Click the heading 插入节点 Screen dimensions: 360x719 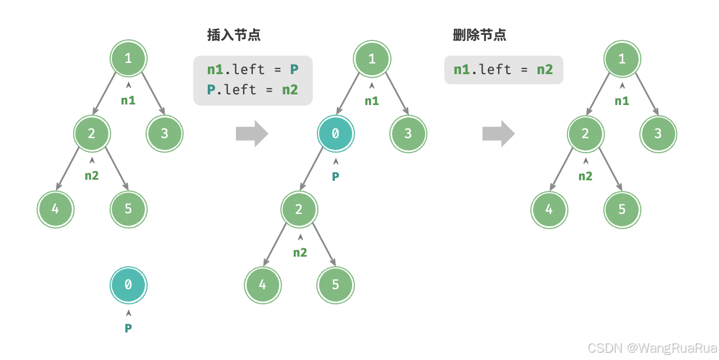pos(234,35)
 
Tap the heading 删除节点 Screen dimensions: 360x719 pos(479,35)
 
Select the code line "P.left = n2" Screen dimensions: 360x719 pos(252,89)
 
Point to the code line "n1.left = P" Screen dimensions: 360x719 pos(252,69)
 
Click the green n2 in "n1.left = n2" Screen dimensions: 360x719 pos(545,69)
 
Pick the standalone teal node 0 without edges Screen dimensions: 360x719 pos(128,285)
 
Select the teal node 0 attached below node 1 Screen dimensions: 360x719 pos(335,134)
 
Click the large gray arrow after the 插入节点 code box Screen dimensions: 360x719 pos(252,134)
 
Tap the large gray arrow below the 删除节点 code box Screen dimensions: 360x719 pos(498,134)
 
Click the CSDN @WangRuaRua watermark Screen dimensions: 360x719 pos(652,347)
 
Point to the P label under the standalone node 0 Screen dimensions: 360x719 pos(128,328)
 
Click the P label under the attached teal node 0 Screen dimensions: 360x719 pos(335,176)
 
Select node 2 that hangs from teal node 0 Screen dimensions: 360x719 pos(299,209)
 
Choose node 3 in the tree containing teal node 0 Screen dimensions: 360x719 pos(408,134)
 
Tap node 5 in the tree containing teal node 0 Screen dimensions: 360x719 pos(335,285)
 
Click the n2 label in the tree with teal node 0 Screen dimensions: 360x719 pos(300,253)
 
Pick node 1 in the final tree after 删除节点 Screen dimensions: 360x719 pos(622,59)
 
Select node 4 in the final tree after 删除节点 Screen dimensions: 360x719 pos(549,210)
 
